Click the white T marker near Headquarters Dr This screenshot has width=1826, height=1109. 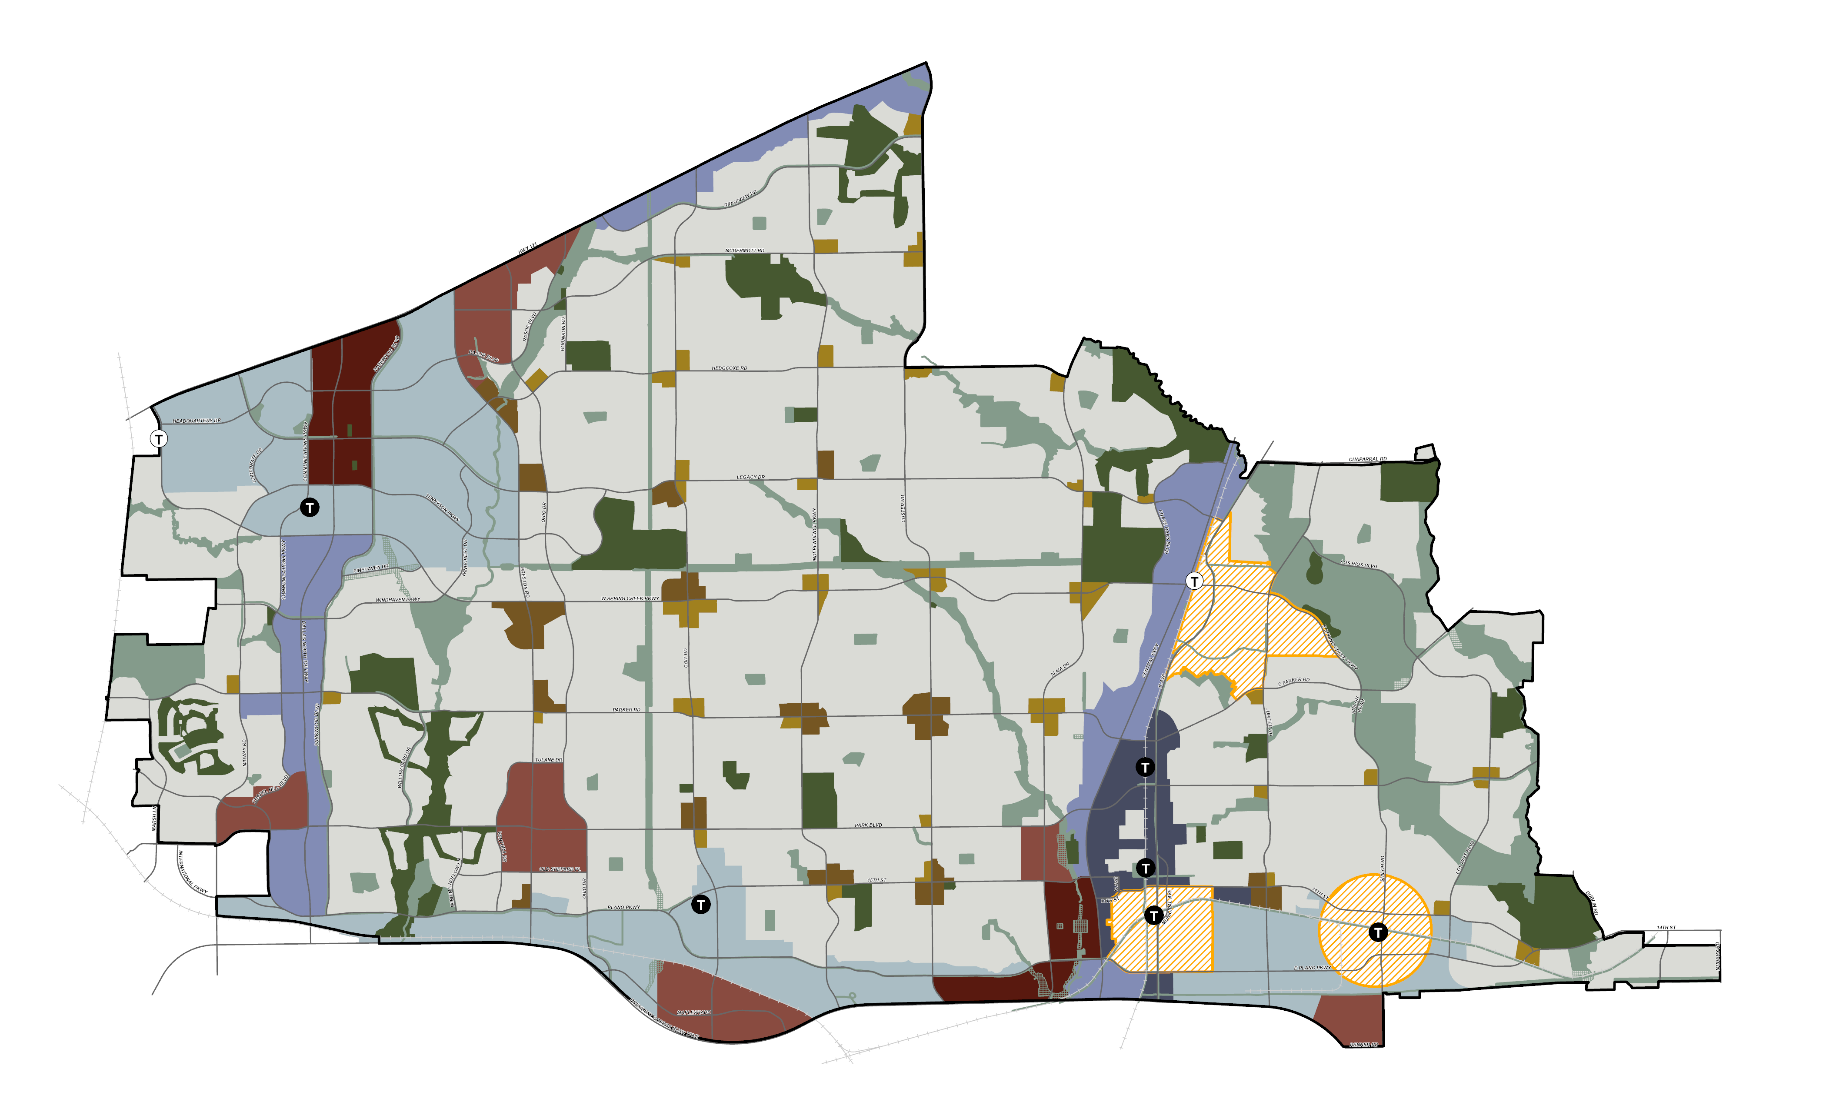[x=159, y=439]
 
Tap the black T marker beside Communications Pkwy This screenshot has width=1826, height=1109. [x=310, y=508]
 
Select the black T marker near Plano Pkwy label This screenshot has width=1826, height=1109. [x=700, y=905]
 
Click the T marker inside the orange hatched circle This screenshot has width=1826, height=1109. [x=1378, y=932]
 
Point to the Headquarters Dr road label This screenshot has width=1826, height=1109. [x=197, y=421]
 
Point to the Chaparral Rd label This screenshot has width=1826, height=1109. [x=1367, y=460]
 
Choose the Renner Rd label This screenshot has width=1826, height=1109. [x=1363, y=1045]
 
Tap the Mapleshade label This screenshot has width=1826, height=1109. [x=693, y=1012]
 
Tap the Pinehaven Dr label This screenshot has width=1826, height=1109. [x=370, y=568]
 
